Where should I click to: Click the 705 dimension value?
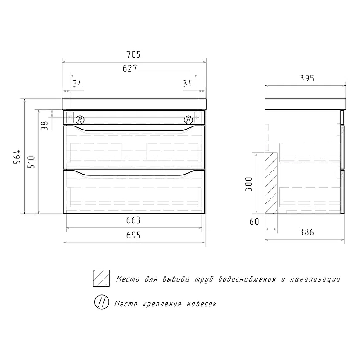(133, 54)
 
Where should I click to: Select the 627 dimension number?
(130, 68)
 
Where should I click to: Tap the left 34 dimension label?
(77, 84)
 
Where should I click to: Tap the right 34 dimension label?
(188, 84)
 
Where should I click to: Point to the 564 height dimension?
(17, 157)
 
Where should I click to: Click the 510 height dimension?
(31, 162)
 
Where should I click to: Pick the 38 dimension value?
(45, 126)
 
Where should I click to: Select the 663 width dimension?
(133, 220)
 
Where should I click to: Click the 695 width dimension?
(133, 235)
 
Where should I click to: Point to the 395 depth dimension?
(307, 78)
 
